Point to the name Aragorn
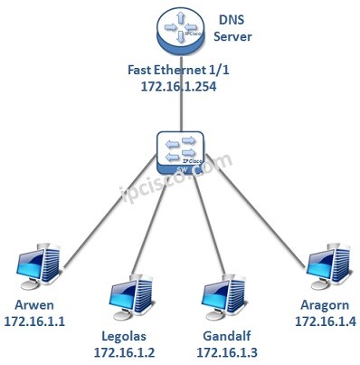tap(321, 303)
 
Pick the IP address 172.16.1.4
tap(321, 319)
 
